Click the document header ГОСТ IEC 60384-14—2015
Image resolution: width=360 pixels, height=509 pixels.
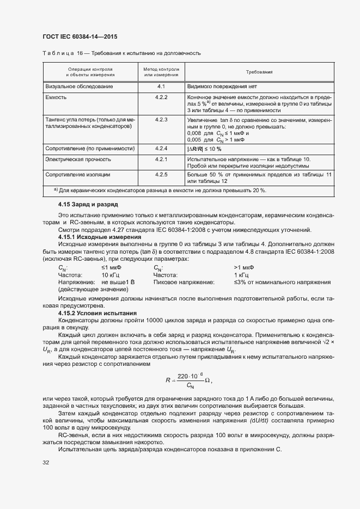80,37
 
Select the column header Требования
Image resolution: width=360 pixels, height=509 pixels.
259,72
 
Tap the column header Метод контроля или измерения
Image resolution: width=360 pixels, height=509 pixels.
161,72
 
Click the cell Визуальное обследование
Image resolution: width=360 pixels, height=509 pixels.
80,87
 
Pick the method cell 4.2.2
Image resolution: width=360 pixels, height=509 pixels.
161,97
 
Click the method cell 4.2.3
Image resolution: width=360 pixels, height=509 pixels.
161,119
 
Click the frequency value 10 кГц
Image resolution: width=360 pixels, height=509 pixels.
112,275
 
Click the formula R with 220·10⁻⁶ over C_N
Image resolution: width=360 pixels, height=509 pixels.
188,381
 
